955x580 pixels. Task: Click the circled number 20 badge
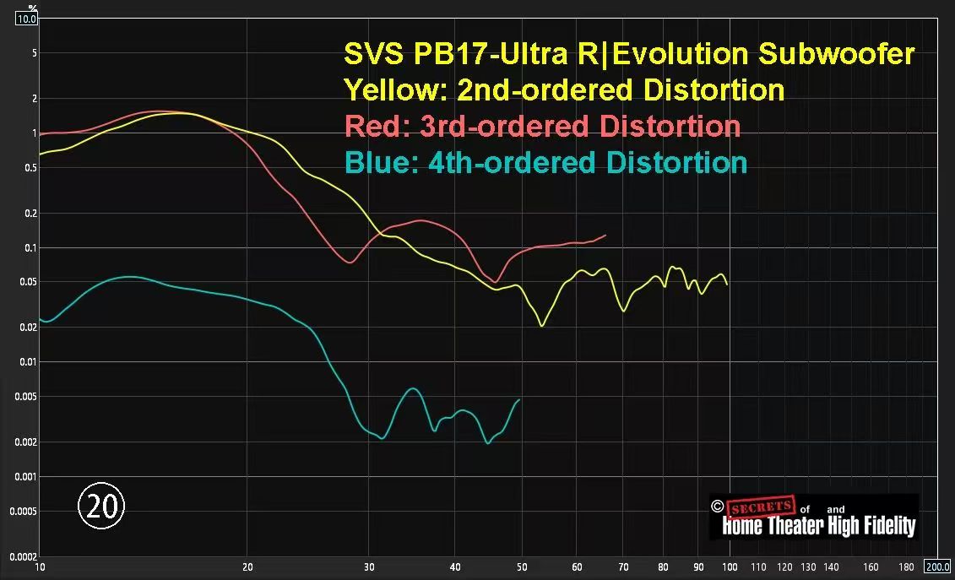101,506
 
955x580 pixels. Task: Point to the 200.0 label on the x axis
937,566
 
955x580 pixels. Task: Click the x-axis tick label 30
369,566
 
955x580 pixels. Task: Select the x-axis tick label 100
730,566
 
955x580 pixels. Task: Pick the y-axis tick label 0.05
29,282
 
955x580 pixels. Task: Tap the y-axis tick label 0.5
31,168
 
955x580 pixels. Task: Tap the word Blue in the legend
375,162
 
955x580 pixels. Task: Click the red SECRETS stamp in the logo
761,507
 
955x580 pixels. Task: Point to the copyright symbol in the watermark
717,507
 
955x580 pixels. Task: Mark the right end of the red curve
605,236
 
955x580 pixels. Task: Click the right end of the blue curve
519,399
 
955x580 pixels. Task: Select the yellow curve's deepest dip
542,325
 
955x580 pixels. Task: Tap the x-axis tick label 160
871,566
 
